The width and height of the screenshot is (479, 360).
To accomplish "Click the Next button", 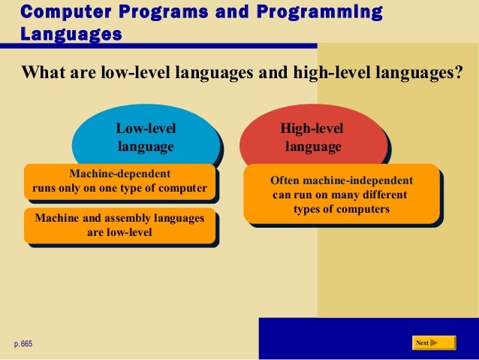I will point(435,343).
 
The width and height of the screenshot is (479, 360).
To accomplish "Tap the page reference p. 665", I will point(23,343).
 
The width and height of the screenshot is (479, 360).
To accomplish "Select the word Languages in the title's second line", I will point(71,34).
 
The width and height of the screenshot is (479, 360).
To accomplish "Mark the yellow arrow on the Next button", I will point(435,343).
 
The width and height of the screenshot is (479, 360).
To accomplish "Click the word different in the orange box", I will point(381,195).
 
